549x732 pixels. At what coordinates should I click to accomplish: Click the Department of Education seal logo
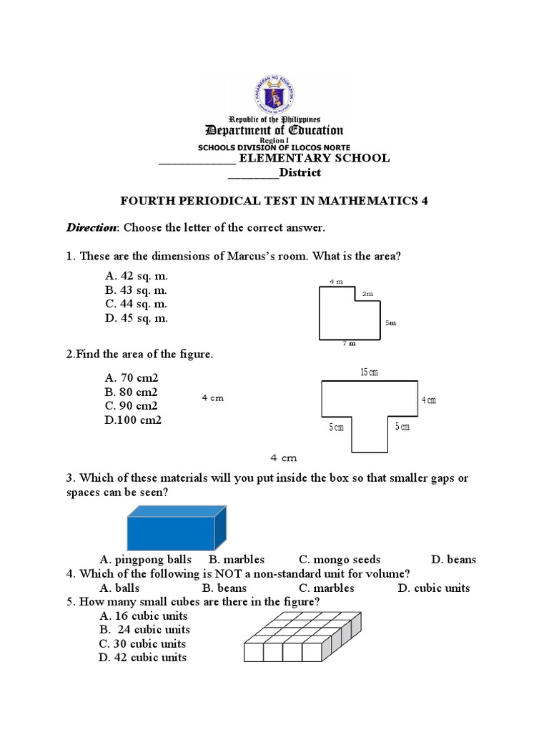coord(274,94)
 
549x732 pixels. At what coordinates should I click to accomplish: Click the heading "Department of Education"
coord(274,130)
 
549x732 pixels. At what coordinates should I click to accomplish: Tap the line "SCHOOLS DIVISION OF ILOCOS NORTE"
coord(274,147)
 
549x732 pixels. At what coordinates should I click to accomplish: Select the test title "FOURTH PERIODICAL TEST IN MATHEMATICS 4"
coord(274,201)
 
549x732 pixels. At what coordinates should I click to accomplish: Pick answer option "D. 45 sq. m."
coord(136,318)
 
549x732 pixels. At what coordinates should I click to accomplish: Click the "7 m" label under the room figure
coord(349,343)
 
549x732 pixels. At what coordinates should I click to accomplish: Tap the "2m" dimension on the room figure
coord(367,293)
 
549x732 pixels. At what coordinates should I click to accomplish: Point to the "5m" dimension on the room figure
coord(390,323)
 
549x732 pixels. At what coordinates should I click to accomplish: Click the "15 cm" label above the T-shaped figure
coord(370,372)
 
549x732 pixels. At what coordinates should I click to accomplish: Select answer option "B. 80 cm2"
coord(131,392)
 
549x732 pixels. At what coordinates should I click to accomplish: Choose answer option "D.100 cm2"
coord(133,420)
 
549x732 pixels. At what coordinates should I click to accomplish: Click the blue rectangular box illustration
coord(177,528)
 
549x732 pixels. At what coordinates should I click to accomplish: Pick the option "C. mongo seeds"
coord(340,560)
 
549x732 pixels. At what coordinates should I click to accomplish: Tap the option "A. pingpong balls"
coord(146,560)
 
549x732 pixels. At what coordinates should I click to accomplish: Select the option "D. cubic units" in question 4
coord(434,588)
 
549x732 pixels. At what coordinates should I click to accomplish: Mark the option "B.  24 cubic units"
coord(144,630)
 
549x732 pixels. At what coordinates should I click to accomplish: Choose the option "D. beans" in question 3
coord(453,560)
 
